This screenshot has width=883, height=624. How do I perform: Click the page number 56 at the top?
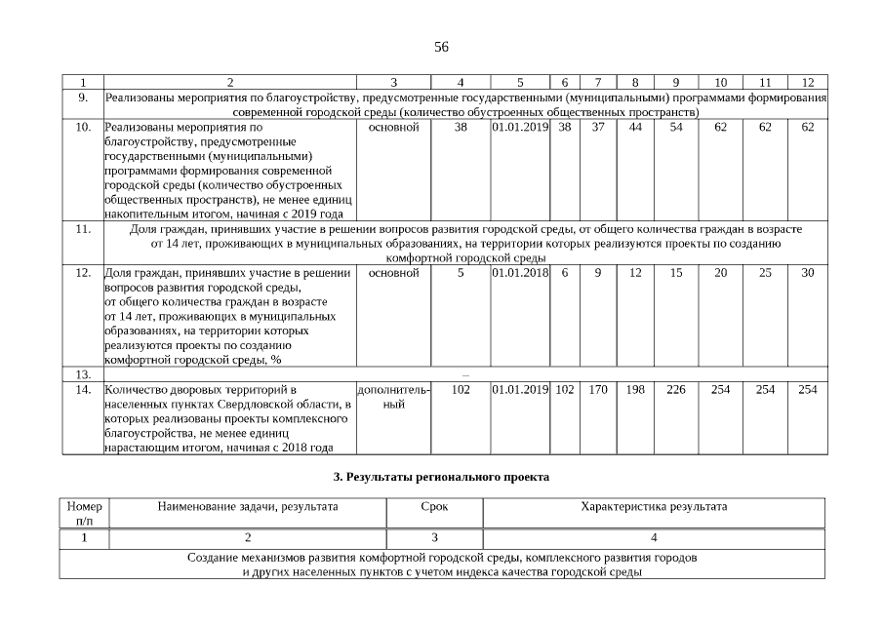point(441,47)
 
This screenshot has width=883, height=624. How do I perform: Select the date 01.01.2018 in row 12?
point(520,273)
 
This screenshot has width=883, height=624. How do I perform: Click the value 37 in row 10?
point(598,127)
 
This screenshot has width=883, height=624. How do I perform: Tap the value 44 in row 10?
point(635,127)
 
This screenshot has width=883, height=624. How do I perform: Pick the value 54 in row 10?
point(676,127)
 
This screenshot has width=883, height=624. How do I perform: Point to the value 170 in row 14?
point(598,390)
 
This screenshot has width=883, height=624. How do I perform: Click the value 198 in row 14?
point(635,390)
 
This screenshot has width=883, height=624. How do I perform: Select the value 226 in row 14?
point(676,390)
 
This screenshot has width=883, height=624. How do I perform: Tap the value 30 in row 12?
point(807,273)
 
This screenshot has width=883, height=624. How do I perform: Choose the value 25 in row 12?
point(765,273)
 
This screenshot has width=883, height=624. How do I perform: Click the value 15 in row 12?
point(676,273)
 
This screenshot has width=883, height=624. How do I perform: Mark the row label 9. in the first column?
point(83,97)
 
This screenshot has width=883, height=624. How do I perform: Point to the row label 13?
point(83,374)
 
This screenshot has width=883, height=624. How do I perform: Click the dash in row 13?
point(464,374)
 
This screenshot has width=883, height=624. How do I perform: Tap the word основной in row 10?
point(394,127)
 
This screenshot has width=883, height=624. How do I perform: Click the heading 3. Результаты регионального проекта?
point(441,477)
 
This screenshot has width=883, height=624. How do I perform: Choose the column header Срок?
point(434,507)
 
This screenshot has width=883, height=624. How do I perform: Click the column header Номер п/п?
point(84,514)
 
